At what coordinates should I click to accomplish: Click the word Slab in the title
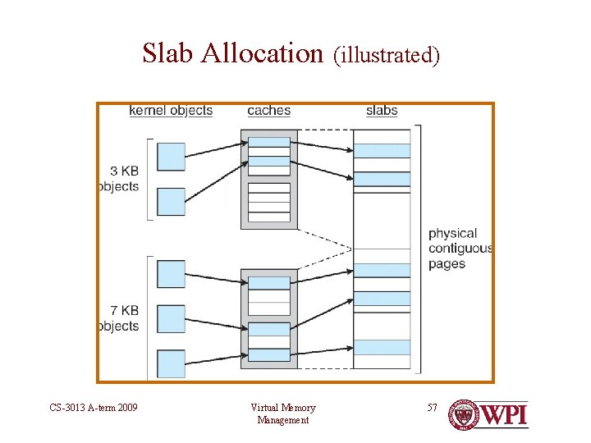(168, 53)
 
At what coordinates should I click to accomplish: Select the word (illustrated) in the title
(387, 55)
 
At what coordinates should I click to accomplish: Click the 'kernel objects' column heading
(171, 111)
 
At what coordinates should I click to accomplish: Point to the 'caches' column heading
(268, 111)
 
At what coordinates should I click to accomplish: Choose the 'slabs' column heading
(382, 111)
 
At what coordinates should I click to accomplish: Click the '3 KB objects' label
(120, 179)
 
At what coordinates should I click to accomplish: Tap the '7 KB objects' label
(120, 318)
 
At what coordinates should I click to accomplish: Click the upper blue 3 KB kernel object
(171, 156)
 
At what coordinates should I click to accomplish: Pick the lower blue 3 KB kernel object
(171, 202)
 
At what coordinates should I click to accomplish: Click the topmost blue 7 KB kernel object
(171, 274)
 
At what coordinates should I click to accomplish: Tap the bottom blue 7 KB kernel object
(171, 363)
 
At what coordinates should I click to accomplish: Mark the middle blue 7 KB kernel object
(171, 319)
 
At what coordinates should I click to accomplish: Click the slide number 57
(433, 408)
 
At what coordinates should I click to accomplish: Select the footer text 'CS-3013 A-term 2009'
(94, 408)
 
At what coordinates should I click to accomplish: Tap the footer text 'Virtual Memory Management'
(283, 413)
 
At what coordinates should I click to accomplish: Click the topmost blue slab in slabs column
(382, 151)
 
